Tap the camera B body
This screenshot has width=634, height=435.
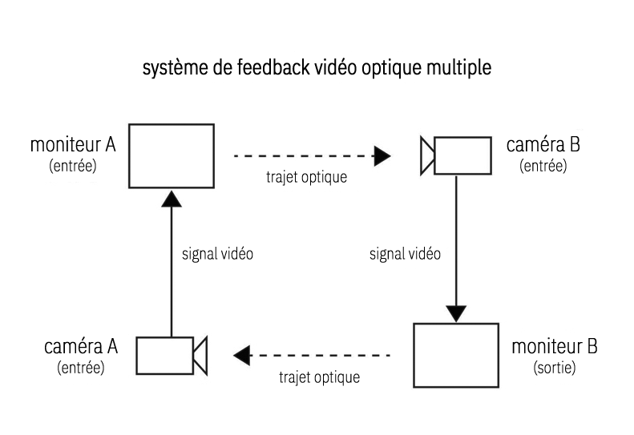(x=462, y=155)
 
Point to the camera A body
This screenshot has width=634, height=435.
(x=164, y=354)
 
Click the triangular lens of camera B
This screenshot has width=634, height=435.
(x=426, y=155)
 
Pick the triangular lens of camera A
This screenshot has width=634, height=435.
(x=200, y=354)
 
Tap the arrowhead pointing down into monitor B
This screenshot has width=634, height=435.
(x=456, y=312)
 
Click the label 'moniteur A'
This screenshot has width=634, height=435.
(x=73, y=146)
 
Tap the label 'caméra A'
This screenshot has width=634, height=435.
(x=81, y=346)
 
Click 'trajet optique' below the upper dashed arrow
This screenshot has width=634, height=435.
(x=306, y=177)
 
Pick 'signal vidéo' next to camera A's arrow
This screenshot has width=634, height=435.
(x=219, y=255)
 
